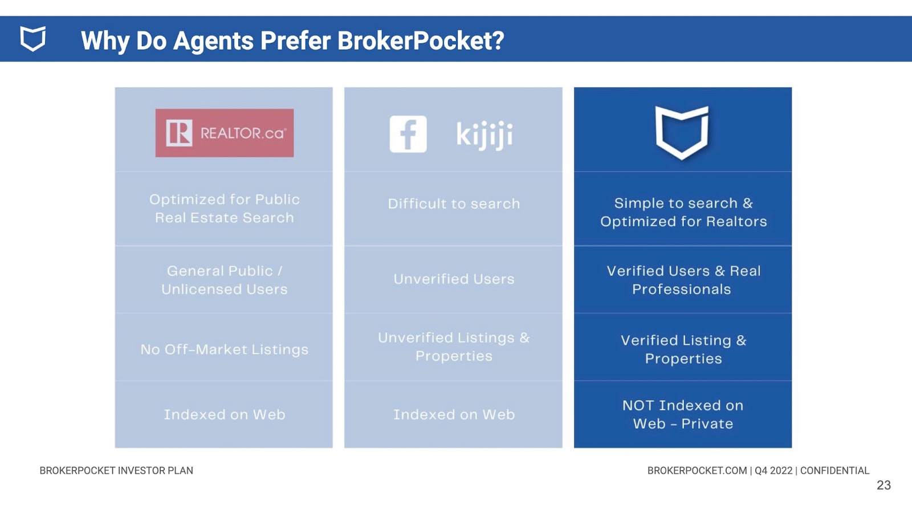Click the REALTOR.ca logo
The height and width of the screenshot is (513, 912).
[x=225, y=133]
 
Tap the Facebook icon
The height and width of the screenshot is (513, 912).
[x=408, y=134]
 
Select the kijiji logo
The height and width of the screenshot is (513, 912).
[x=484, y=135]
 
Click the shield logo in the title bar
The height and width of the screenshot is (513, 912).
[x=33, y=39]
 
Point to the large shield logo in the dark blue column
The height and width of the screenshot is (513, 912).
[x=682, y=132]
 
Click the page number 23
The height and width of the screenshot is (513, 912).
[x=883, y=485]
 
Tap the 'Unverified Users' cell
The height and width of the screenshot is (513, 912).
[x=454, y=279]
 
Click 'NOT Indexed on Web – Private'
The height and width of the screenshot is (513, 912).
[x=683, y=414]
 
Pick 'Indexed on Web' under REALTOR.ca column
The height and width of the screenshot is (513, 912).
[x=225, y=414]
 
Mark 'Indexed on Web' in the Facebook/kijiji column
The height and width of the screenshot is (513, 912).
[x=454, y=414]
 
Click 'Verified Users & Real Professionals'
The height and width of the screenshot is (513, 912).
[x=683, y=280]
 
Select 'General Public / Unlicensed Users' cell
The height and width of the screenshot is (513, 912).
[x=225, y=280]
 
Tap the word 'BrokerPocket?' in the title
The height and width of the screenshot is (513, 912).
[x=421, y=40]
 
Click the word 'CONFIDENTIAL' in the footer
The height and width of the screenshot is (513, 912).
[x=834, y=471]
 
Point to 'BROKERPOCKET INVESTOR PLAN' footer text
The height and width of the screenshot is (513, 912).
[x=116, y=471]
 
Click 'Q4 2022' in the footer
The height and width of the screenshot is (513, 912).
[x=773, y=471]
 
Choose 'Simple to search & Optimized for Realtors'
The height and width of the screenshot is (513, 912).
[x=683, y=212]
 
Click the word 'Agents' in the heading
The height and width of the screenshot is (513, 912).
[x=213, y=42]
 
